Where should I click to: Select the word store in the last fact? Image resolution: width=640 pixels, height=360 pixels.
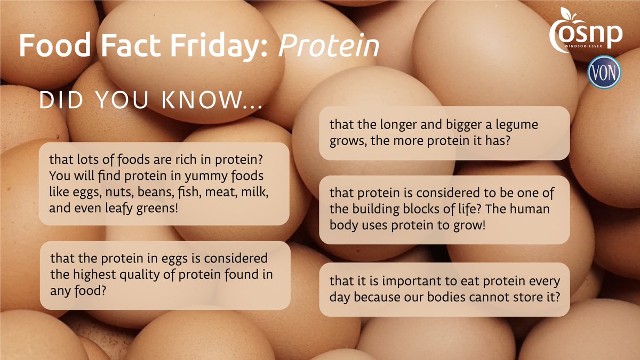point(522,297)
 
